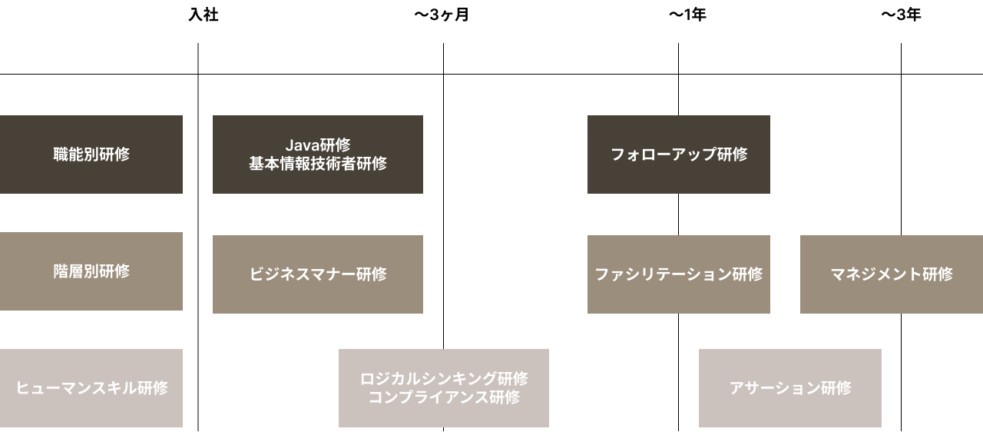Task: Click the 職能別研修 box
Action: (x=91, y=155)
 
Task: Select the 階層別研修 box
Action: (x=91, y=271)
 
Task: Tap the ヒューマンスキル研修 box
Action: (x=91, y=388)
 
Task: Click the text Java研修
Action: (x=318, y=145)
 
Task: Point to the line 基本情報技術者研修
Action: (x=318, y=164)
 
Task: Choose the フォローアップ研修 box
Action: (x=679, y=155)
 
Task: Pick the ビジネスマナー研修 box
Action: (x=318, y=274)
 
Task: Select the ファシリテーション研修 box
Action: (x=679, y=274)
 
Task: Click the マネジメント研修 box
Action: (x=892, y=274)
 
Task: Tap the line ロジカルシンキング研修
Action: (x=444, y=379)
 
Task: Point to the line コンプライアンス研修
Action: (x=444, y=397)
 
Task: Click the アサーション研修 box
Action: (x=790, y=388)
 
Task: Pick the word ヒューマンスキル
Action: (x=76, y=388)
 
